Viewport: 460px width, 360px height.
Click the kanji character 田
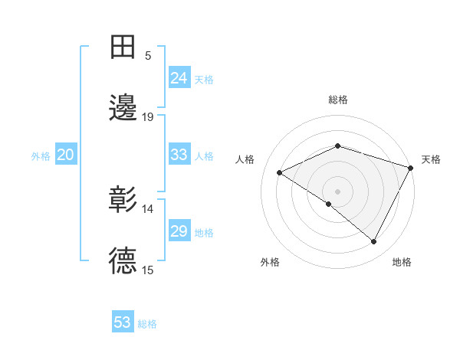[x=123, y=47]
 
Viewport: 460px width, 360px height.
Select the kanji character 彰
[x=123, y=200]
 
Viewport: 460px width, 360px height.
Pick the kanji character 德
[x=123, y=261]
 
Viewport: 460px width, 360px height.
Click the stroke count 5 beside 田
[x=148, y=56]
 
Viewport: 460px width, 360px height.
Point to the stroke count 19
[x=148, y=117]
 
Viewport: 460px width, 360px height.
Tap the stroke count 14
[x=148, y=208]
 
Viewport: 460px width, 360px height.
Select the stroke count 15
[x=148, y=270]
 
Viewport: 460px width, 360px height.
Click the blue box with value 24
[x=179, y=78]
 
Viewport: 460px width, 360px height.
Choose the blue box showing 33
[x=179, y=155]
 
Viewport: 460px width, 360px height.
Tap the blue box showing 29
[x=179, y=231]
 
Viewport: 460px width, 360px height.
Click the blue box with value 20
[x=65, y=155]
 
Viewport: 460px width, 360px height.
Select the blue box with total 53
[x=123, y=322]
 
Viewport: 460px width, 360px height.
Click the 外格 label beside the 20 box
[x=41, y=156]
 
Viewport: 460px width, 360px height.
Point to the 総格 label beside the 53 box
[x=148, y=324]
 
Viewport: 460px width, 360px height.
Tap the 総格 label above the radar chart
[x=337, y=100]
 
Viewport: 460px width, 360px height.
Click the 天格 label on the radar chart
[x=431, y=159]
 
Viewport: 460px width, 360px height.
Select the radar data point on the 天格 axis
[x=411, y=167]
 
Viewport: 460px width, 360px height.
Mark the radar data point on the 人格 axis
[x=280, y=173]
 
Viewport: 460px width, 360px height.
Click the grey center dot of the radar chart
[x=337, y=191]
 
